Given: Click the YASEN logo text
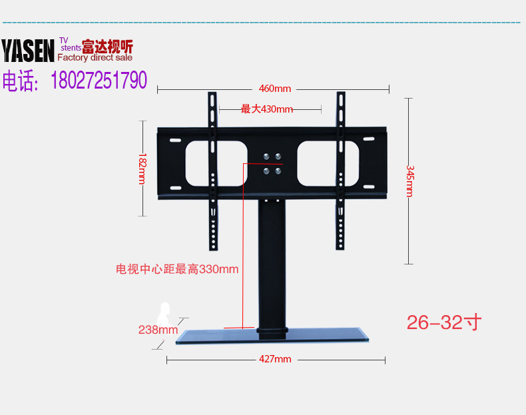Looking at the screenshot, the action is click(28, 51).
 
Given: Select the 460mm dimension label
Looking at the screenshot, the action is click(275, 89).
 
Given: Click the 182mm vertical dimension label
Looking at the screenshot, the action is click(142, 169).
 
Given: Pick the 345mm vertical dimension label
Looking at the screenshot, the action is click(409, 181).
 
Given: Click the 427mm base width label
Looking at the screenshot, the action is click(275, 359).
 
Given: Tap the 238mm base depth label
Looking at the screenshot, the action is click(158, 329).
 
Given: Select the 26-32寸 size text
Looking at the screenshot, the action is click(443, 322).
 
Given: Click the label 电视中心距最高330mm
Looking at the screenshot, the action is click(177, 269).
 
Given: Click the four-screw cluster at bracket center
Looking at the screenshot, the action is click(272, 163).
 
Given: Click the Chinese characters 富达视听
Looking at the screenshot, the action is click(107, 47).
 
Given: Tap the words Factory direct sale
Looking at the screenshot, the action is click(99, 58).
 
